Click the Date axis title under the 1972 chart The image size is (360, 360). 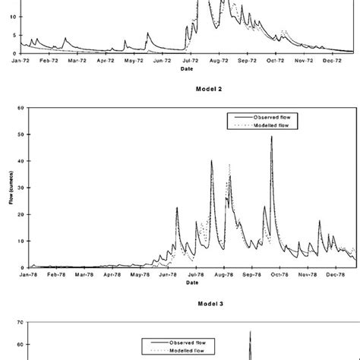click(186, 68)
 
